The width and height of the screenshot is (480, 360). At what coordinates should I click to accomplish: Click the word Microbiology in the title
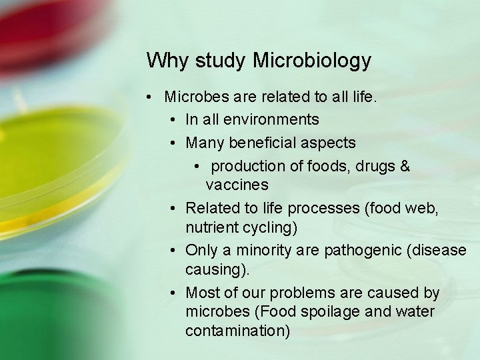[312, 61]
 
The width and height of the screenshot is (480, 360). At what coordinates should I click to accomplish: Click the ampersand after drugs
[405, 166]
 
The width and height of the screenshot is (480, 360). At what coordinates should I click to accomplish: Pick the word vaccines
[237, 185]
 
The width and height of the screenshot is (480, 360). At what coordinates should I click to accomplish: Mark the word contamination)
[237, 331]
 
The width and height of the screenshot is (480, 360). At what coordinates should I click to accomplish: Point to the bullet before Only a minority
[173, 250]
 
